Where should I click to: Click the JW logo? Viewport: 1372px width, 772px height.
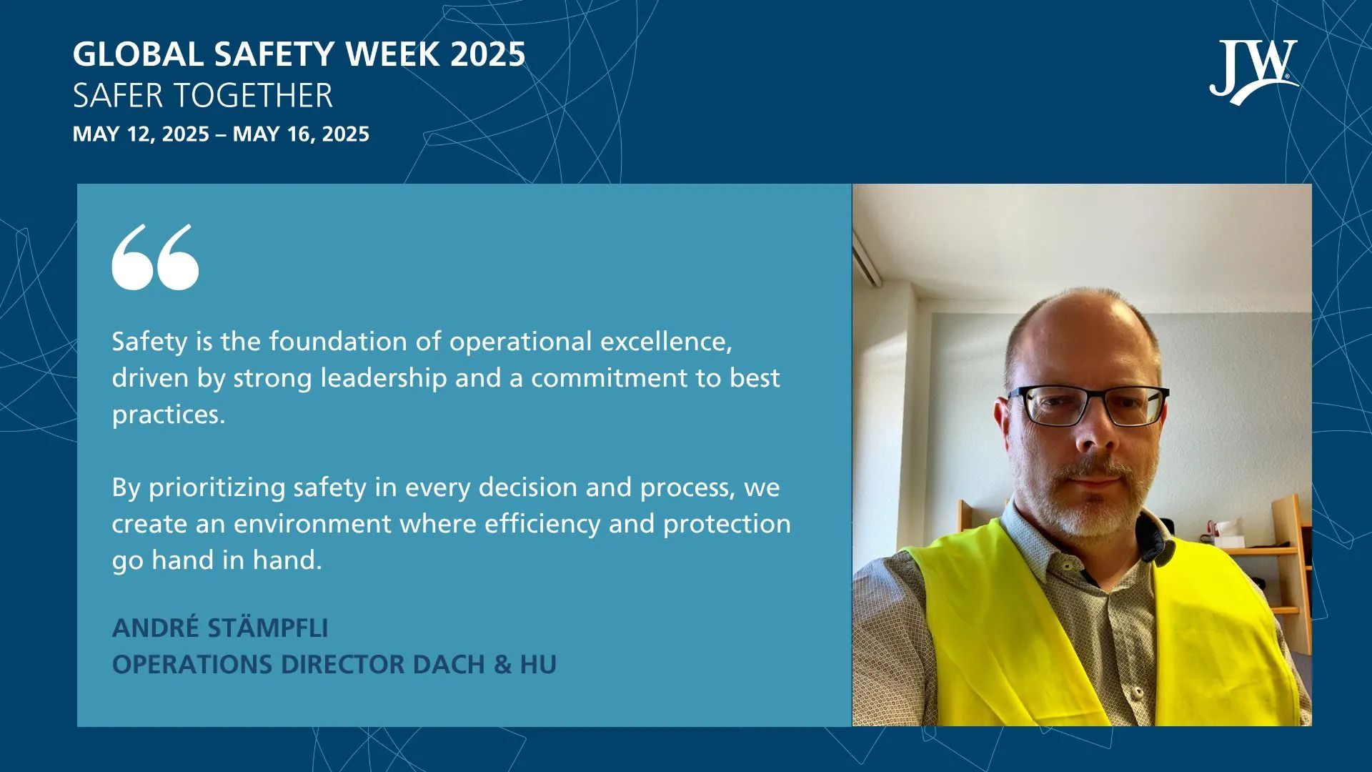tap(1253, 71)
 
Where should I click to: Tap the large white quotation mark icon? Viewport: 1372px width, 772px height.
tap(155, 257)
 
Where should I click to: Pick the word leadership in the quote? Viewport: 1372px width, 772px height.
tap(383, 378)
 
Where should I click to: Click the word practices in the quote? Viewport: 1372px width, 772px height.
tap(168, 415)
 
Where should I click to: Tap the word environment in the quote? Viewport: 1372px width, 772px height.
tap(312, 524)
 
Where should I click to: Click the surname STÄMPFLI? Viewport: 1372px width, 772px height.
tap(268, 628)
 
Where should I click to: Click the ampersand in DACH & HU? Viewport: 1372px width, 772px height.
tap(502, 665)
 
